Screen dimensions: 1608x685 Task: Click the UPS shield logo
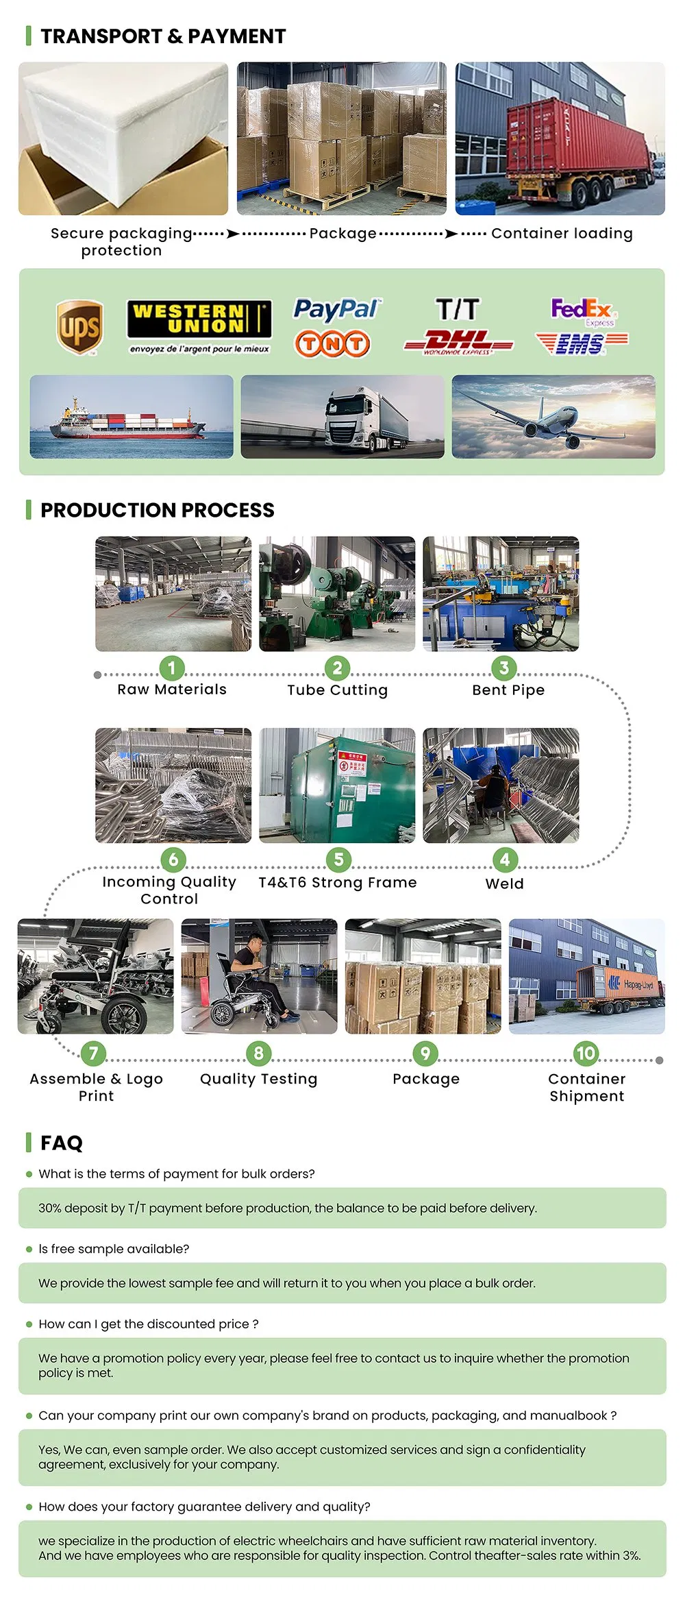coord(79,327)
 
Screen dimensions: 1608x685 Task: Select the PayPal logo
coord(336,309)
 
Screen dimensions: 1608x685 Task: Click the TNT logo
coord(332,343)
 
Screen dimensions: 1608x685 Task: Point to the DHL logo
coord(458,341)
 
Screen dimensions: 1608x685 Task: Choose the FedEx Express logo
coord(582,311)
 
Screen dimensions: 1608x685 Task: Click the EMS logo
coord(581,343)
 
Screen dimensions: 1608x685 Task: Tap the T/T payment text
coord(458,309)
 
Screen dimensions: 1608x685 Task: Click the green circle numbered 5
coord(338,859)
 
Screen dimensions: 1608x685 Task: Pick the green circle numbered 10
coord(586,1053)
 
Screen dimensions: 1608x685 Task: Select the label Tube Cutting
coord(337,690)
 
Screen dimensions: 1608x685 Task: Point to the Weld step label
coord(504,884)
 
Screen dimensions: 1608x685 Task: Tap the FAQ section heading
coord(61,1143)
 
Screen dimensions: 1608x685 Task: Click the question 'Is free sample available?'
coord(114,1249)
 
